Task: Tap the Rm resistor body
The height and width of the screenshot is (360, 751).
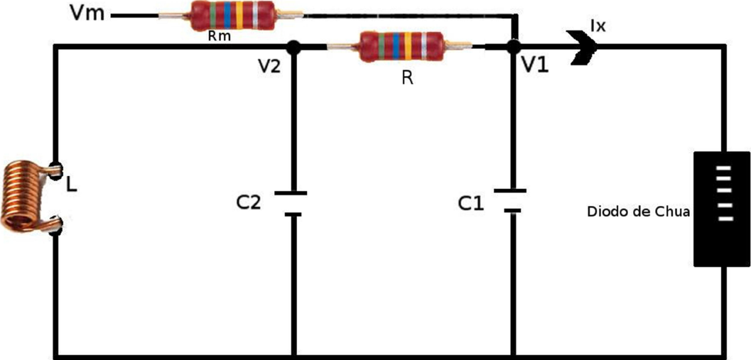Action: [x=231, y=16]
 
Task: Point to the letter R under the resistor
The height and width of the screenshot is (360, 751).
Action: [x=407, y=78]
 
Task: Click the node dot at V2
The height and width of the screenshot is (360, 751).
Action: [x=292, y=48]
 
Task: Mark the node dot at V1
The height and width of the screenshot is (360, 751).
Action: [x=512, y=48]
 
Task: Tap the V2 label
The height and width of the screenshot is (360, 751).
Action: [x=271, y=67]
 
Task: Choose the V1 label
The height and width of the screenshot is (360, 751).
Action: [x=534, y=65]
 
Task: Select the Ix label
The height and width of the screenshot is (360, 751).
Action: [x=598, y=27]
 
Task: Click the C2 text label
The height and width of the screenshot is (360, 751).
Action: [x=248, y=203]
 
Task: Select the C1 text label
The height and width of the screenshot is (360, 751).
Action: [x=470, y=204]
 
